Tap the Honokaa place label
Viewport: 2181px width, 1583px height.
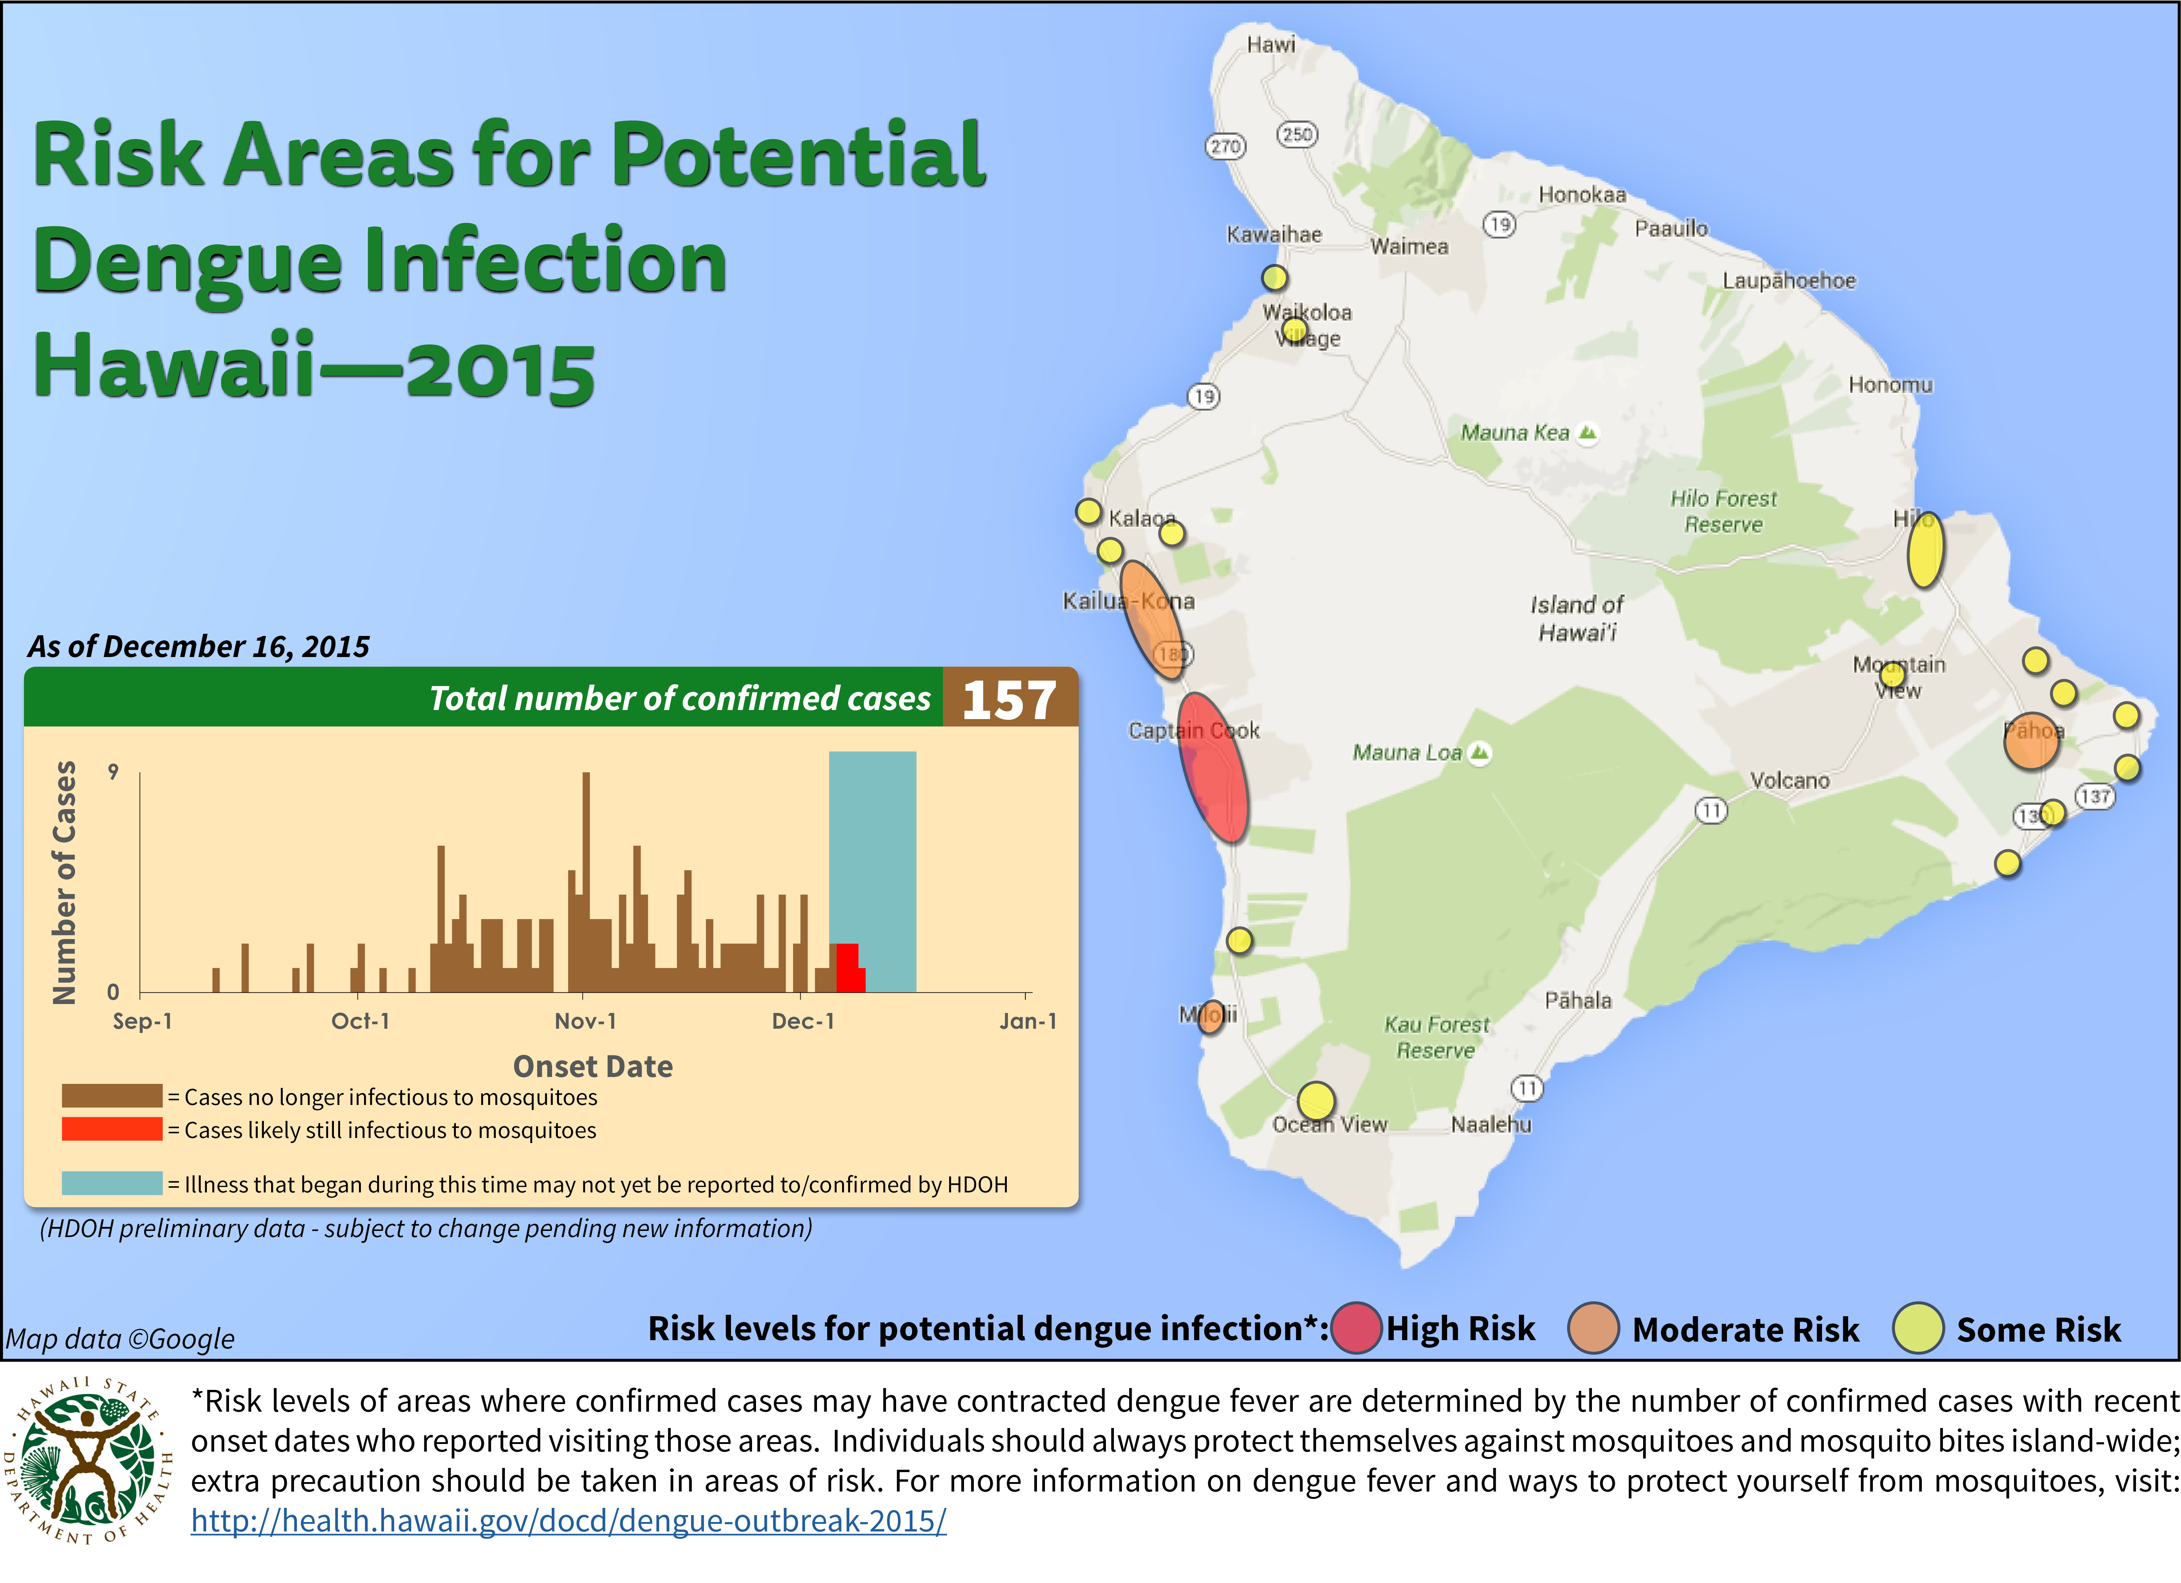(1582, 194)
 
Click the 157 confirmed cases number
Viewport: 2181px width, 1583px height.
(1009, 699)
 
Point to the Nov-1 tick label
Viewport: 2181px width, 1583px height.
(585, 1021)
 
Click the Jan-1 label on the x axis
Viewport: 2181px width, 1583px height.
(1027, 1021)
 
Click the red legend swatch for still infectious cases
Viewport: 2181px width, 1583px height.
(111, 1129)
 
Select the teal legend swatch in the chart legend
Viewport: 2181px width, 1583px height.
(111, 1183)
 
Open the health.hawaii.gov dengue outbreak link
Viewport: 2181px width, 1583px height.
(568, 1521)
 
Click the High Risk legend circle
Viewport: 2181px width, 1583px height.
(1356, 1328)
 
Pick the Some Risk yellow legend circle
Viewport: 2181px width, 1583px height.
(1917, 1328)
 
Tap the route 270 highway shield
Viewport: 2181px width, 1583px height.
(1225, 146)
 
